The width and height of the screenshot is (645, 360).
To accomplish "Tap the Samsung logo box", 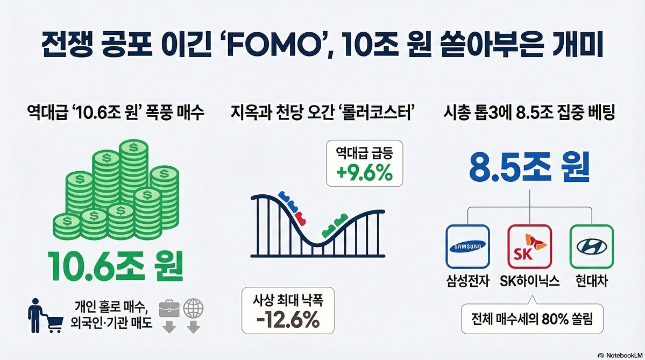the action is click(x=467, y=246).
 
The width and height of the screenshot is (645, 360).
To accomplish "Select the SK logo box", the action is click(x=529, y=246).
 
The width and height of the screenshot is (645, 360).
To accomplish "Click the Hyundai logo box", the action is click(x=592, y=246).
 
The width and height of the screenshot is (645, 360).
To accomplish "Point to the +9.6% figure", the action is click(x=364, y=173).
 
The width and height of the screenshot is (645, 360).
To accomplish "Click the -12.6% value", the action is click(x=288, y=319).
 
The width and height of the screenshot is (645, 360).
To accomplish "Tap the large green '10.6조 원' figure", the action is click(x=116, y=266).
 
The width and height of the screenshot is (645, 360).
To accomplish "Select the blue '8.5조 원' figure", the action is click(x=529, y=167).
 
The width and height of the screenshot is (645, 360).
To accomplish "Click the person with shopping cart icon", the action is click(x=45, y=315).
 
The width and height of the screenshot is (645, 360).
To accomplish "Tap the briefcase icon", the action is click(x=169, y=308).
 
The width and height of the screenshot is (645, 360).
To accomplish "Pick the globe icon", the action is click(x=193, y=308).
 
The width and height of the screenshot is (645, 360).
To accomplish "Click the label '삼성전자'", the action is click(x=467, y=281).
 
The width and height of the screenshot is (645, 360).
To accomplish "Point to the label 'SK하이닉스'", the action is click(x=530, y=281).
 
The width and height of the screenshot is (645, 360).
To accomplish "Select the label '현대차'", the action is click(x=592, y=281).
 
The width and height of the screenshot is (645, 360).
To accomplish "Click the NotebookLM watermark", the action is click(x=620, y=355).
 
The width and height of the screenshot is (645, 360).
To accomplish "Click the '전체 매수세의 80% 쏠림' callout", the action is click(x=532, y=319).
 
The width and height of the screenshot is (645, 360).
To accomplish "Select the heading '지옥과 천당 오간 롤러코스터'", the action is click(x=323, y=112).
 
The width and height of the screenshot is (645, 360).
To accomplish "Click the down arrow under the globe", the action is click(x=193, y=327).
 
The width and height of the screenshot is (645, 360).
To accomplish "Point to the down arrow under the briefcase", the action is click(x=169, y=327).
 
